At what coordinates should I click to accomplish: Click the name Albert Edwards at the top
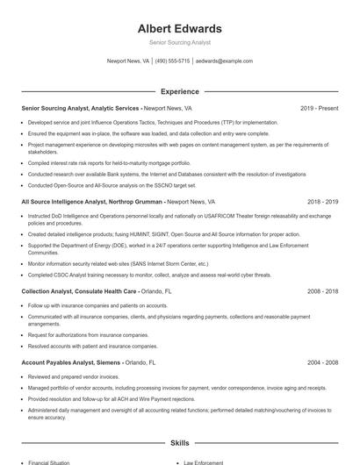coord(180,28)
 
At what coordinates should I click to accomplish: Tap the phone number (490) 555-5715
coord(172,61)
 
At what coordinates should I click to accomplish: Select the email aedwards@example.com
coord(224,61)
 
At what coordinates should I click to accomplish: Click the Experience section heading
coord(180,91)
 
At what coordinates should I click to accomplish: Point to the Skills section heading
coord(180,443)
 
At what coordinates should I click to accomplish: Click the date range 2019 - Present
coord(319,108)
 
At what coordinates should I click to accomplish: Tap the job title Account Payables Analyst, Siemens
coord(72,361)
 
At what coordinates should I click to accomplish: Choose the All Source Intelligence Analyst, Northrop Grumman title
coord(92,201)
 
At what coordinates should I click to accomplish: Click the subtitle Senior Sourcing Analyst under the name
coord(180,42)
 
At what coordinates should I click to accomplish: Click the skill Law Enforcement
coord(204,461)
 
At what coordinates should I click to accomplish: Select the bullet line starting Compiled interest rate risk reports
coord(109,162)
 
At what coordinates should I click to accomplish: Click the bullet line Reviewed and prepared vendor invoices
coord(74,376)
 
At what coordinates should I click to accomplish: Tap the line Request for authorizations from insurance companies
coord(88,334)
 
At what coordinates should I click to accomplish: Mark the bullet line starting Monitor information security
coord(118,263)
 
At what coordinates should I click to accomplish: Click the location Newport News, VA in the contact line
coord(128,61)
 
